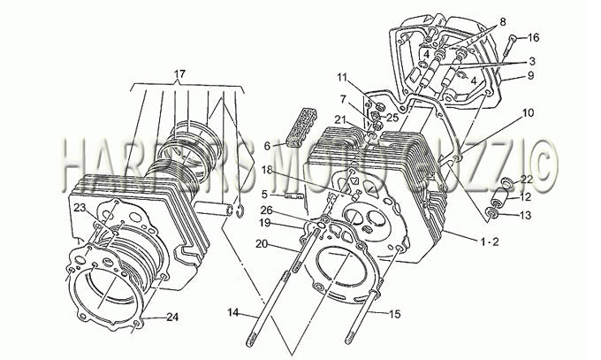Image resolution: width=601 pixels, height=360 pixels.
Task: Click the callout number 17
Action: [179, 73]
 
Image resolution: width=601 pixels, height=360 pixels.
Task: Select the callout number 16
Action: [533, 38]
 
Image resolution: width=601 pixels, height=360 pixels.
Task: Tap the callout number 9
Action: [530, 75]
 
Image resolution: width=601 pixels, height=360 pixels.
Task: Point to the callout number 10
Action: [528, 113]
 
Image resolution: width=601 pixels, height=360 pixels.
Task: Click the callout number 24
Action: [172, 317]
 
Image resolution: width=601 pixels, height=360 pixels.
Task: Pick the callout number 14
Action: [233, 313]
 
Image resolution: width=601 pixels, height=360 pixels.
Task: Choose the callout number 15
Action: [394, 314]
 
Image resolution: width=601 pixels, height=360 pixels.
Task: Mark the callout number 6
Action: [267, 146]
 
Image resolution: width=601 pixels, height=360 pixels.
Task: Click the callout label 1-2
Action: [490, 241]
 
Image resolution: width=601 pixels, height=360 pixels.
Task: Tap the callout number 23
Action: [80, 208]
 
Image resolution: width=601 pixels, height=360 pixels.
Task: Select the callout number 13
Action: [526, 215]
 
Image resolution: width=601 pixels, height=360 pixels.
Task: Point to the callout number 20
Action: [262, 244]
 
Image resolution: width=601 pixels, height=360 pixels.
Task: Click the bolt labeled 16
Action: [510, 46]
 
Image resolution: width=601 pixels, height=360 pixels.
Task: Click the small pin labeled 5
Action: [293, 196]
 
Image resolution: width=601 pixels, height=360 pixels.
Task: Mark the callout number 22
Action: [527, 180]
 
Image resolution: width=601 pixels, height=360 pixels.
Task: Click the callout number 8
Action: [503, 22]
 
